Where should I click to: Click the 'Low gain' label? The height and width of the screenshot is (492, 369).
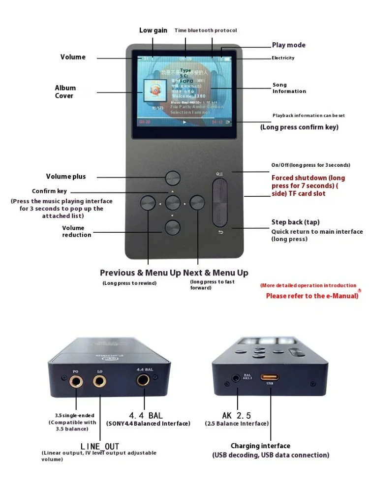(x=153, y=31)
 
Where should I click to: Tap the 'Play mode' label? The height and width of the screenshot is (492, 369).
(x=288, y=45)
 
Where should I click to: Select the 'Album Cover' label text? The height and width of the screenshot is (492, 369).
(x=65, y=92)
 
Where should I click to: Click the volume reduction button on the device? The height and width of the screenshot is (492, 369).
(x=173, y=227)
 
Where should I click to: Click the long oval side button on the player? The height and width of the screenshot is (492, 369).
(x=220, y=202)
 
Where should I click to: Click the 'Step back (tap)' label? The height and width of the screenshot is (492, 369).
(x=295, y=222)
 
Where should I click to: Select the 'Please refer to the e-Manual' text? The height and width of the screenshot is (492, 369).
(x=312, y=296)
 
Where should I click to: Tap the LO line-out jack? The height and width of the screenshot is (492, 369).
(x=100, y=380)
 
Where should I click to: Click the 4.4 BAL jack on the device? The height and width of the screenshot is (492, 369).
(x=144, y=380)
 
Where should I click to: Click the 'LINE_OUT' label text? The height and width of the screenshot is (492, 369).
(x=100, y=446)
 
